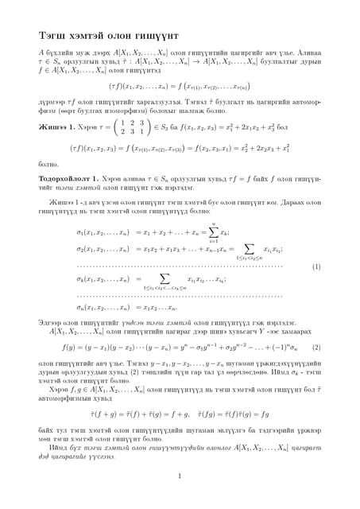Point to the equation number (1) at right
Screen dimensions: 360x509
(315, 266)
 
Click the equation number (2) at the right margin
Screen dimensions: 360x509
(315, 347)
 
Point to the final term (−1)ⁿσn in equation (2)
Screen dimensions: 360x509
(285, 348)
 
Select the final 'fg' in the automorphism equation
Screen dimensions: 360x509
(264, 415)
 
